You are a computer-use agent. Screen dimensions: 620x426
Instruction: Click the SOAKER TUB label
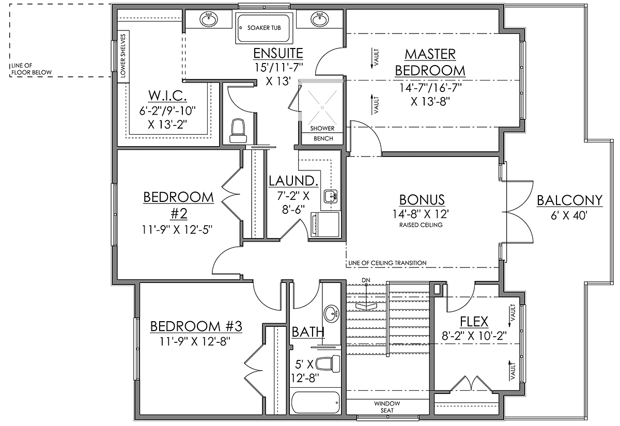264,28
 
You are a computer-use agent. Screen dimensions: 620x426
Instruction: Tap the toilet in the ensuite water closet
238,131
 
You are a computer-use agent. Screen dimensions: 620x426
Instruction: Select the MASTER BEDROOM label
430,62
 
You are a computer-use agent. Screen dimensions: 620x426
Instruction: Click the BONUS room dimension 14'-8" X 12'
421,214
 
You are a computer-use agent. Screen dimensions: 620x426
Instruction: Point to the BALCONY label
569,200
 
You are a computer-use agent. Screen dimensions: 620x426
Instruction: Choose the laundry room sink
331,196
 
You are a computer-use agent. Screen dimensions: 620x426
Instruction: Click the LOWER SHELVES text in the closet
123,56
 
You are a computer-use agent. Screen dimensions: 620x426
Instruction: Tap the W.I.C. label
167,96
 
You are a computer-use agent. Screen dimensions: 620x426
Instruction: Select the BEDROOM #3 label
196,326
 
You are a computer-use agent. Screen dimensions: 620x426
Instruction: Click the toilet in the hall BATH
328,364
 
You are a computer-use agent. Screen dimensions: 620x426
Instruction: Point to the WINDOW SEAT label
387,407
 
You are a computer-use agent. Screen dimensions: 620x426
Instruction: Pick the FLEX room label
474,322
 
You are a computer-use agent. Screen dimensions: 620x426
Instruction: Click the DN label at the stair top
366,280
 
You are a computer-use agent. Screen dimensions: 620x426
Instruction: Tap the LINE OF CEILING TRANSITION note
387,263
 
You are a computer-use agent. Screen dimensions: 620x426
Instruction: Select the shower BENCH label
323,138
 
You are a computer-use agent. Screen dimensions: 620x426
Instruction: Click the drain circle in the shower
322,107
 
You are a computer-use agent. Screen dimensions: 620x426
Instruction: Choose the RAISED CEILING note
421,225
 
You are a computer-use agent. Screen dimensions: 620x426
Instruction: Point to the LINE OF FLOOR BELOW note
32,69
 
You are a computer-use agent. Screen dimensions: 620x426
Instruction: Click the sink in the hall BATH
331,314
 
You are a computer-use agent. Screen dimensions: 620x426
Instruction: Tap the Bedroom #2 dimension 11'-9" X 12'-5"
177,229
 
